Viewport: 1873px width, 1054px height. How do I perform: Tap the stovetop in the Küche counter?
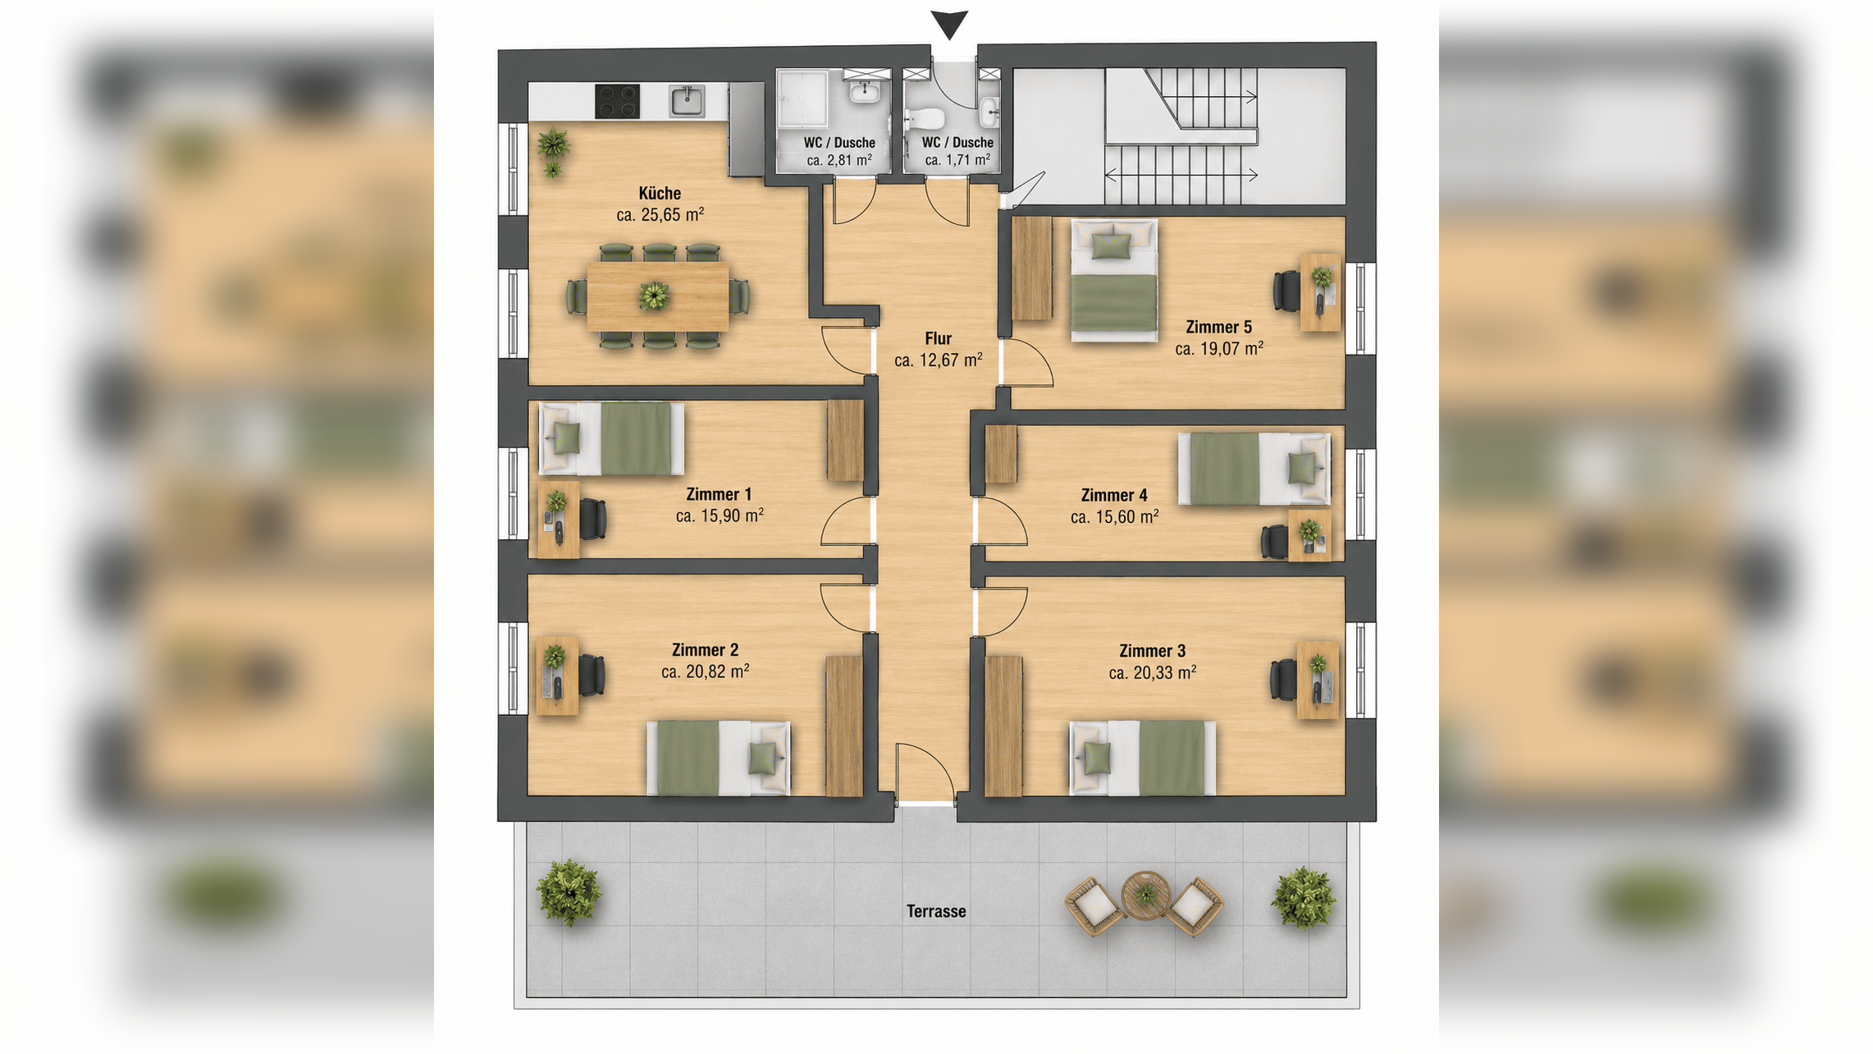point(617,102)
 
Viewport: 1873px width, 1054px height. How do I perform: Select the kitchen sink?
point(687,102)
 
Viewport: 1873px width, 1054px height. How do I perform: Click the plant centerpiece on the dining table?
point(654,296)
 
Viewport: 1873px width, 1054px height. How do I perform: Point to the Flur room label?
point(939,338)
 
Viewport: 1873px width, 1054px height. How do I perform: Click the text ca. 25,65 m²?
point(660,214)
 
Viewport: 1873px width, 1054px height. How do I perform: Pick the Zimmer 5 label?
point(1219,327)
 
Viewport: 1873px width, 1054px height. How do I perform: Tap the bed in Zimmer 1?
point(611,438)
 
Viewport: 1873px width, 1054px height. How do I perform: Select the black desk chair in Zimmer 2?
point(592,676)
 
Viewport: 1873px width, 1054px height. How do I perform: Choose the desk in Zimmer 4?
point(1309,535)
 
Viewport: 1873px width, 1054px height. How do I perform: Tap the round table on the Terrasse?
point(1145,895)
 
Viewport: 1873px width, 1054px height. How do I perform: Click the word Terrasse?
point(936,911)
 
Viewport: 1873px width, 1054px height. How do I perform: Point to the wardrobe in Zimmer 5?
point(1032,268)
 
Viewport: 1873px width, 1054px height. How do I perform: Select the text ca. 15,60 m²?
point(1115,516)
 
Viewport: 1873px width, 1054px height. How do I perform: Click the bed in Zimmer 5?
point(1114,280)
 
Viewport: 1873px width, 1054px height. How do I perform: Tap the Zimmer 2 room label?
point(705,650)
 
